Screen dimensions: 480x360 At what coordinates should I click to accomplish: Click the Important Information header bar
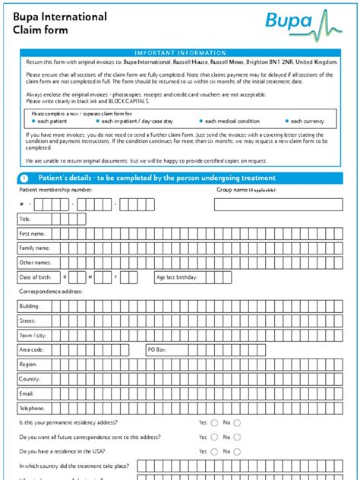coord(180,52)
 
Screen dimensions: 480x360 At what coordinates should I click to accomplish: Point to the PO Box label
coord(156,349)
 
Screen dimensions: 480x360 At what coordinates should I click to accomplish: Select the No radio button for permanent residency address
coord(237,422)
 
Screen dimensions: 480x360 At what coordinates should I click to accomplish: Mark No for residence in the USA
coord(237,451)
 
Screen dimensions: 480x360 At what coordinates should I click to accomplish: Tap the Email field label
coord(27,393)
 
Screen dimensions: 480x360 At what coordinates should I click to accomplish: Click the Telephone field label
coord(31,408)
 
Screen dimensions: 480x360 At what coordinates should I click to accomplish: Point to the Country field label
coord(29,379)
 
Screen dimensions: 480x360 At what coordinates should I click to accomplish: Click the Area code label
coord(31,349)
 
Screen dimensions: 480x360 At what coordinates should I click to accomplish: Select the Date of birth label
coord(34,277)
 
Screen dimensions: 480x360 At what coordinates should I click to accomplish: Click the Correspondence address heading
coord(50,292)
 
